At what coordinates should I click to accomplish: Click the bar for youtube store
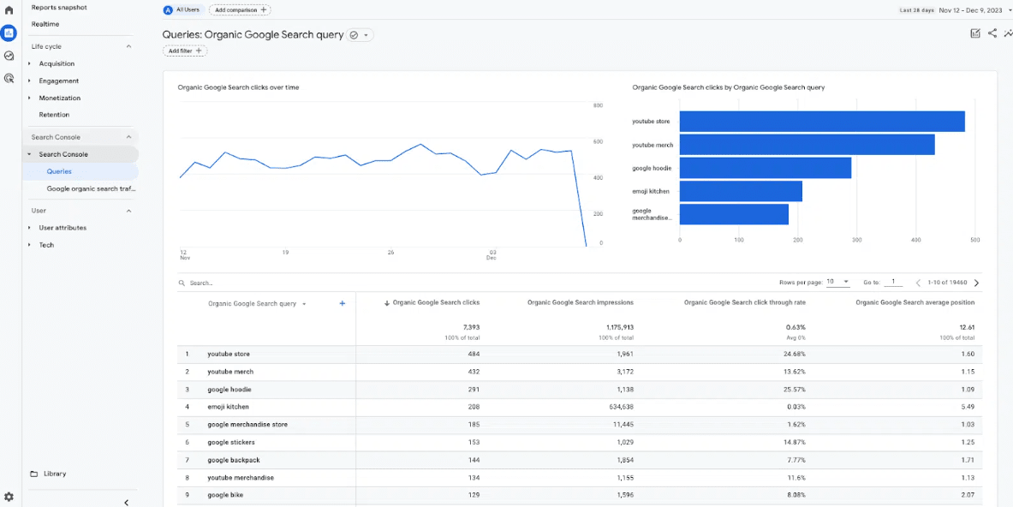(x=822, y=122)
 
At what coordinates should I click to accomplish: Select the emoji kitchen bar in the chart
(x=741, y=191)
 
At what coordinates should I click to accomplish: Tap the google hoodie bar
(x=766, y=168)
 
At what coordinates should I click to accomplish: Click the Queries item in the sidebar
(x=59, y=172)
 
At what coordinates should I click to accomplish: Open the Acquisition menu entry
(x=57, y=64)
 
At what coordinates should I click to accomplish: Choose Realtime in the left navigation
(x=46, y=25)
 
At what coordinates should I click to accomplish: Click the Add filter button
(x=185, y=51)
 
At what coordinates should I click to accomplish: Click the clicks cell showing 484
(x=473, y=354)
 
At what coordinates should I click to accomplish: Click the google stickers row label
(x=230, y=443)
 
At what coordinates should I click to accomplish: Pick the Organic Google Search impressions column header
(x=581, y=302)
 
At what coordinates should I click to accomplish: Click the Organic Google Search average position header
(x=915, y=302)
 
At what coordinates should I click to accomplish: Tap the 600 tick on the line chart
(x=598, y=141)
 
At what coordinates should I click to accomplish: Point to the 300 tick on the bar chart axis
(x=856, y=241)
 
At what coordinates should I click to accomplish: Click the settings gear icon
(x=9, y=497)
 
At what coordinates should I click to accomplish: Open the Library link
(x=55, y=474)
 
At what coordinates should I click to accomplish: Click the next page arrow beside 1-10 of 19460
(x=976, y=283)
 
